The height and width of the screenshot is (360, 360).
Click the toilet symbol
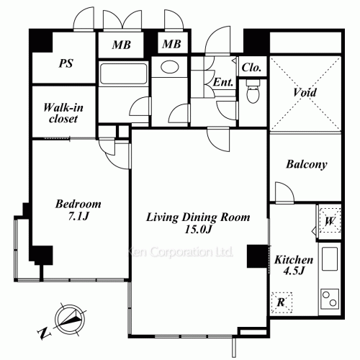coord(253,91)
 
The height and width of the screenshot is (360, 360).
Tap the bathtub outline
coord(123,73)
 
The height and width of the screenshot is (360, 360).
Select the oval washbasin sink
coord(170,67)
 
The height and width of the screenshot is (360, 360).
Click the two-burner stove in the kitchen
coord(330,298)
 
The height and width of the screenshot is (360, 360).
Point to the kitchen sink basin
coord(330,259)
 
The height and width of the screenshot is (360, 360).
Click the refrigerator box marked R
coord(282,302)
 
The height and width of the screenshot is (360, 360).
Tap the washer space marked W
coord(330,221)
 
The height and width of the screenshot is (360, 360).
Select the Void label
coord(305,92)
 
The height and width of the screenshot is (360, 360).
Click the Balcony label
coord(307,165)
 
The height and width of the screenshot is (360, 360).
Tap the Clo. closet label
coord(251,68)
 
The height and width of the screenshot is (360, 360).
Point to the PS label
coord(66,63)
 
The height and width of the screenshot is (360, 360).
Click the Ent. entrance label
coord(223,83)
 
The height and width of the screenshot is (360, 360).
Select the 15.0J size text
coord(198,230)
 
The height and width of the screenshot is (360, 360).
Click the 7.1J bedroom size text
coord(78,217)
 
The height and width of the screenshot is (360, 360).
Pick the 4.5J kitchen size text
coord(294,271)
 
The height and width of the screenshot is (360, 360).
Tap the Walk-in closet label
coord(63,113)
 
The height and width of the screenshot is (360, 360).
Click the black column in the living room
coord(258,256)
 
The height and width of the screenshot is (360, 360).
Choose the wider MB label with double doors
coord(122,45)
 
